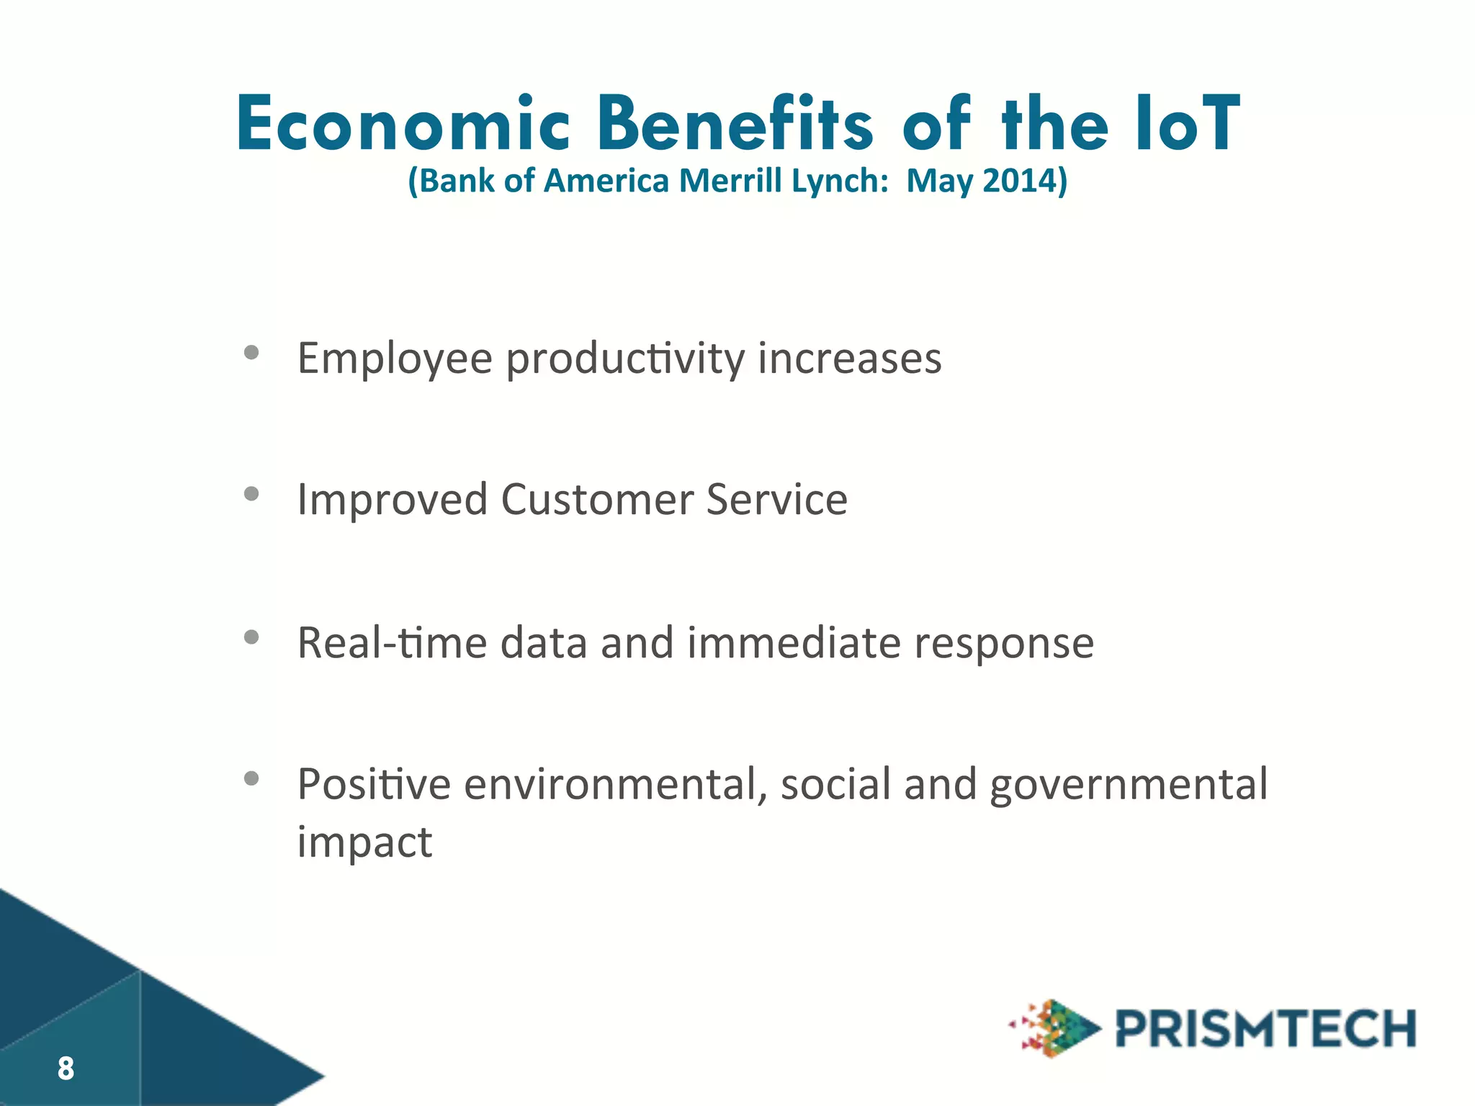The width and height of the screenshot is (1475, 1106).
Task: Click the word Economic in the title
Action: (403, 125)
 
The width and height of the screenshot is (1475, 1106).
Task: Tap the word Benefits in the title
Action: (735, 125)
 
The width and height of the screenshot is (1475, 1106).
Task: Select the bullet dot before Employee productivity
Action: (251, 352)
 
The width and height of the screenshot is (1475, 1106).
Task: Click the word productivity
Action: (625, 359)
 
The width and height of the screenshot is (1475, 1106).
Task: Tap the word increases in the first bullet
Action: (849, 359)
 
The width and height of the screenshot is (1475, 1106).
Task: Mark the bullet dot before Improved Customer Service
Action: (251, 493)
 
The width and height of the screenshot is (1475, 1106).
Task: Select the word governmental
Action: (1128, 785)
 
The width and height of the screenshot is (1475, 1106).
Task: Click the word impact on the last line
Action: (364, 842)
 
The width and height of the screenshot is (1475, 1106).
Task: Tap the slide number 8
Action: (66, 1069)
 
